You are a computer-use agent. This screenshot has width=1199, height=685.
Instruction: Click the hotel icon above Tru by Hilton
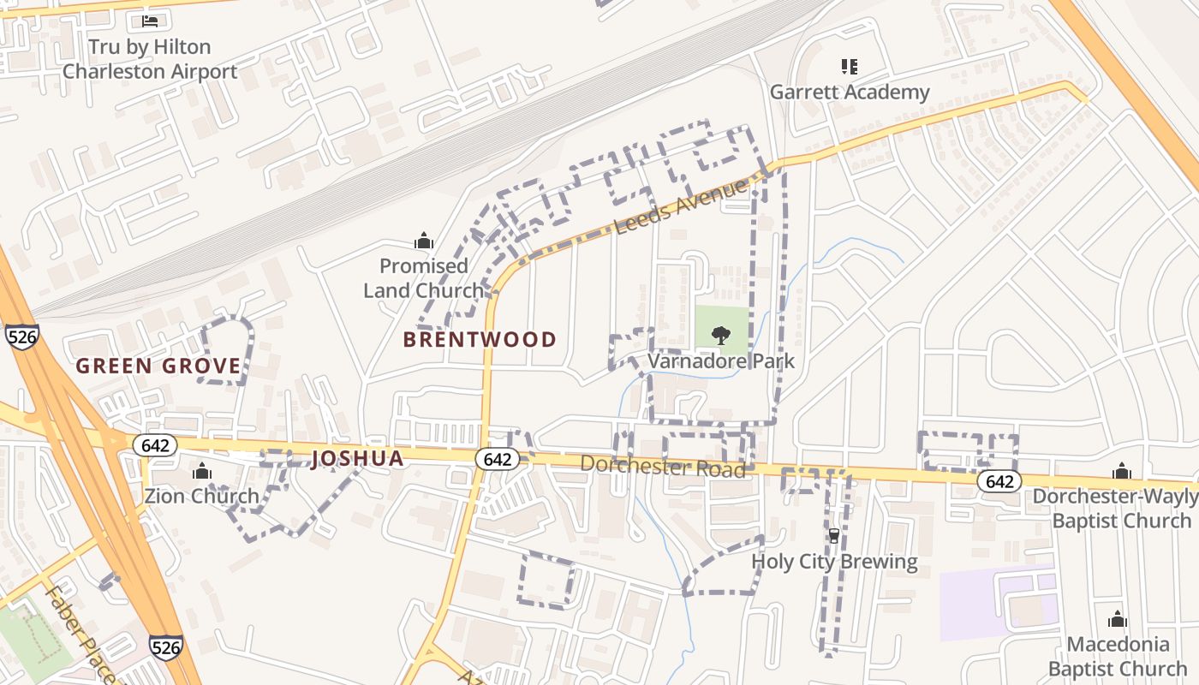pos(150,21)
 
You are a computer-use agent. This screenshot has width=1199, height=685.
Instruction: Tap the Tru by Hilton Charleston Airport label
pos(150,59)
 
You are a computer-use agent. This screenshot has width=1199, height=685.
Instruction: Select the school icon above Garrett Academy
pos(849,66)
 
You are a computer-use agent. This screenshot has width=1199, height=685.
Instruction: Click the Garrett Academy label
pos(849,92)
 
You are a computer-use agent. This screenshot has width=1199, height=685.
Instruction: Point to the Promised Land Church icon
pos(423,241)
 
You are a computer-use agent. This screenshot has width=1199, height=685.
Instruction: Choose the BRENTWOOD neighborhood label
pos(480,340)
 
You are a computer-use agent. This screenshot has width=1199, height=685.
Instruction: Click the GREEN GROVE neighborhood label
pos(158,366)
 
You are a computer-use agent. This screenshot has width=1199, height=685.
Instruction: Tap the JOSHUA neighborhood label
pos(357,459)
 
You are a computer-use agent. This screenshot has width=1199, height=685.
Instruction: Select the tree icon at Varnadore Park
pos(721,336)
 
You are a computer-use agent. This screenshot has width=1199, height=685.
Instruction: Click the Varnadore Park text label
pos(721,361)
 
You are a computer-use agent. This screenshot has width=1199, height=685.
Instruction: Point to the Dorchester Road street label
pos(662,467)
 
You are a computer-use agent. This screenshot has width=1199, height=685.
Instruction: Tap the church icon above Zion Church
pos(202,471)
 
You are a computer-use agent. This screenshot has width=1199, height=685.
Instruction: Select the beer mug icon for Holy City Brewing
pos(833,536)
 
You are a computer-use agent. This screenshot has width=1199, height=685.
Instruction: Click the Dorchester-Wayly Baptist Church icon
pos(1121,471)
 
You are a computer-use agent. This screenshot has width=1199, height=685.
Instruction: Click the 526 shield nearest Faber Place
pos(165,646)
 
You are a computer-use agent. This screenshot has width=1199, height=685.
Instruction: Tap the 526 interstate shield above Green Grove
pos(21,337)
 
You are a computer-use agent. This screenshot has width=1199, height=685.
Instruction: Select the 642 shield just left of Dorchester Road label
pos(498,460)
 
